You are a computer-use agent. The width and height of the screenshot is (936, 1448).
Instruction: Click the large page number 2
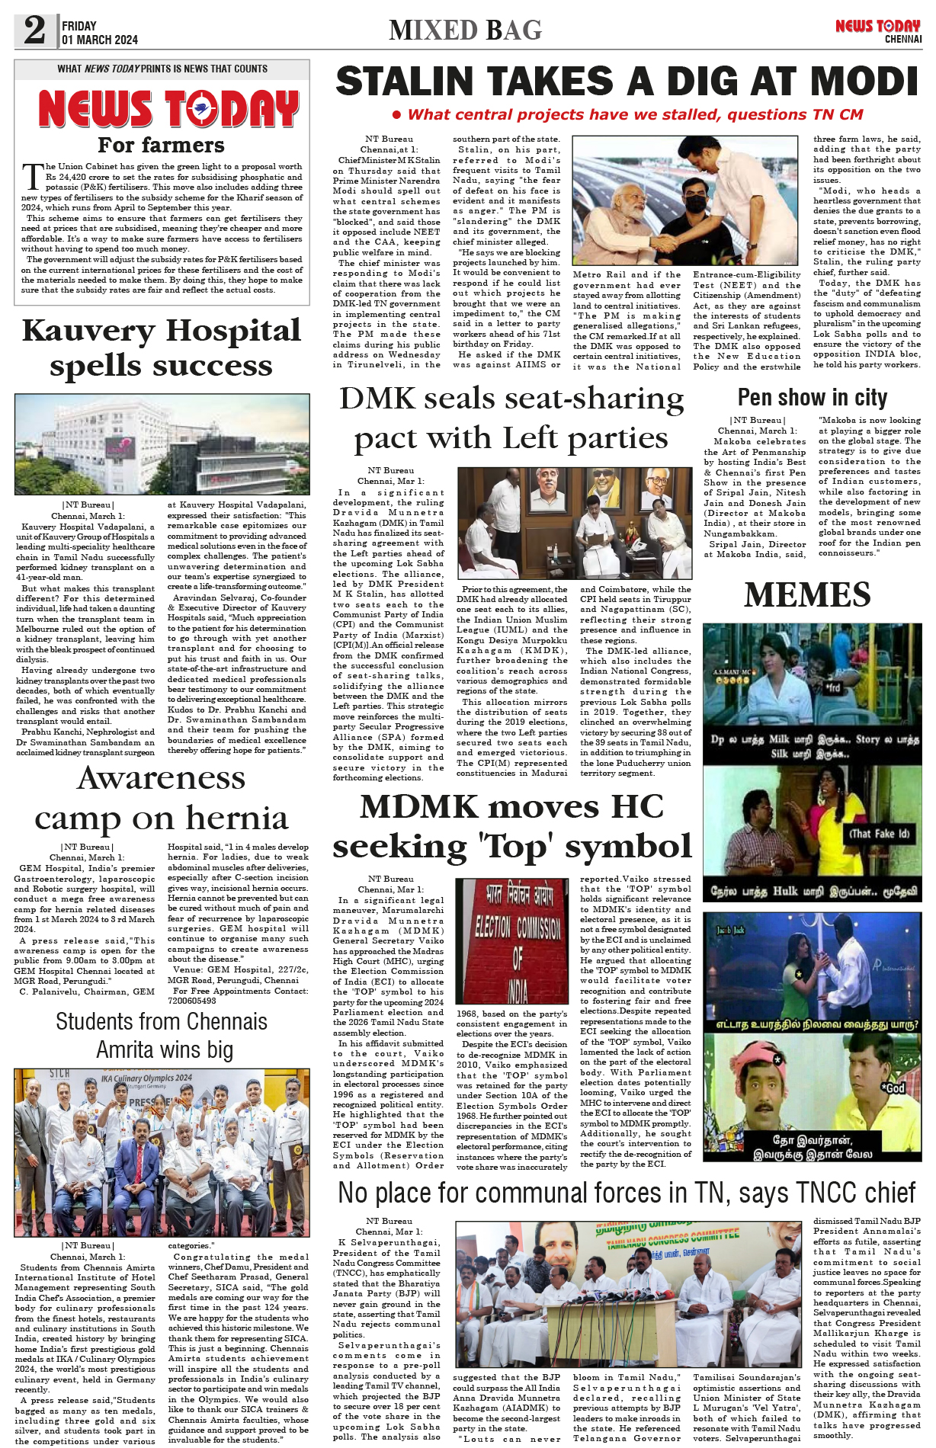(35, 30)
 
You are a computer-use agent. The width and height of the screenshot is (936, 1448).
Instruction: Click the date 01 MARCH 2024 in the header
(100, 40)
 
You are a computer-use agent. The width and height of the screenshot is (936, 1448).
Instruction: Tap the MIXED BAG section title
(465, 30)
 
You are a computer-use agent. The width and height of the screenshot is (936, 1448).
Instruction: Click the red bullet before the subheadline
(396, 115)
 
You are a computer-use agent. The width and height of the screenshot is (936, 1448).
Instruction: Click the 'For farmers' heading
(162, 145)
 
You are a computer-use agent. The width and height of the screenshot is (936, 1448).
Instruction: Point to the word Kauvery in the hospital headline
(88, 331)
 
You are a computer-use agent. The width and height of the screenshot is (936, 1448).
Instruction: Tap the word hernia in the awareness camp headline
(237, 818)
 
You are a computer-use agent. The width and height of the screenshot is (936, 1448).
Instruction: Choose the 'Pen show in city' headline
(812, 397)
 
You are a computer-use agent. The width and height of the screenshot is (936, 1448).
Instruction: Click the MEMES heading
(807, 595)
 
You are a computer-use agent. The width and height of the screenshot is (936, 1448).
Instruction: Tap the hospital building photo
(162, 444)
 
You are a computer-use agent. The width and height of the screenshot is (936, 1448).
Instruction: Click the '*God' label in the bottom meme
(893, 1088)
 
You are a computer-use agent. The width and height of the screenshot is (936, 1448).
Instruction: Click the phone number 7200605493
(191, 1001)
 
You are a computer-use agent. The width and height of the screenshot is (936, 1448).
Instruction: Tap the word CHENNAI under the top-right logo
(903, 39)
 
